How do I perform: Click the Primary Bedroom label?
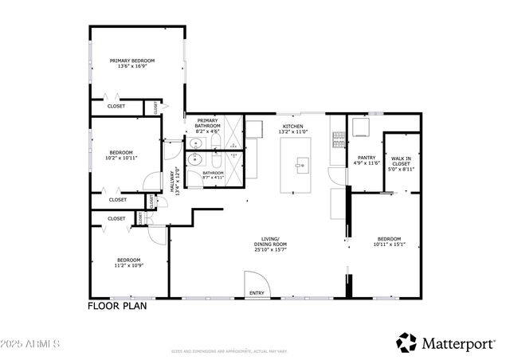(131, 61)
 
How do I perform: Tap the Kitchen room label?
(292, 125)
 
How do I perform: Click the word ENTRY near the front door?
(257, 293)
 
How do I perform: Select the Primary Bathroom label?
(207, 121)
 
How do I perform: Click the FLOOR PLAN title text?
(116, 305)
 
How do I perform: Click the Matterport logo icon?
(406, 342)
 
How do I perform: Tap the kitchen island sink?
(301, 166)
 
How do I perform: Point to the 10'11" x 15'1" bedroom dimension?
(389, 245)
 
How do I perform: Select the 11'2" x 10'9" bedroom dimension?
(128, 264)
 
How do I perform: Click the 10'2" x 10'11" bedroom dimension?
(122, 157)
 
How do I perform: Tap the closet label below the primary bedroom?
(116, 105)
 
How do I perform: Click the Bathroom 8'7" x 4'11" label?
(213, 175)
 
